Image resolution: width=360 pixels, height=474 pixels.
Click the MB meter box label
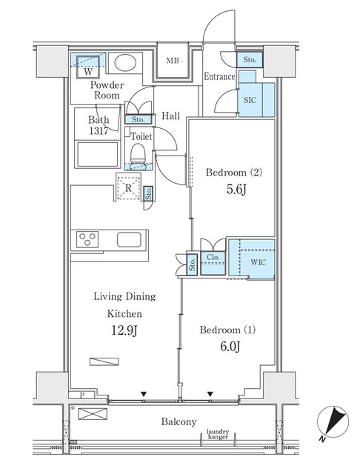click(173, 61)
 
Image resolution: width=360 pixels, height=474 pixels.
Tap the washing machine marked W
click(88, 67)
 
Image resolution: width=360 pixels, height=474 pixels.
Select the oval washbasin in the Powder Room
click(125, 62)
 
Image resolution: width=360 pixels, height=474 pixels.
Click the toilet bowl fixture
click(139, 153)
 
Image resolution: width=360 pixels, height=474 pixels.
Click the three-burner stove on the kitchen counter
click(87, 239)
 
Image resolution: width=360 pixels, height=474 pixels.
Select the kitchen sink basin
click(129, 240)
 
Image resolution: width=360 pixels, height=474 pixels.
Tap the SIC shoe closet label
click(250, 100)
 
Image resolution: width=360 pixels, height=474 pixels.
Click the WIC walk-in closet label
click(258, 261)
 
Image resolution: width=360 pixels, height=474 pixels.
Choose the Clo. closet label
click(213, 257)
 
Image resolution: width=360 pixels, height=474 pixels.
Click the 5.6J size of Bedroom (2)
click(237, 190)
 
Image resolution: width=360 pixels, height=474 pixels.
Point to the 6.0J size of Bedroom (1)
click(230, 347)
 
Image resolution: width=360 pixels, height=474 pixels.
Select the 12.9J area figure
click(124, 330)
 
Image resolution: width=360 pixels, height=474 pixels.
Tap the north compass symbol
click(333, 421)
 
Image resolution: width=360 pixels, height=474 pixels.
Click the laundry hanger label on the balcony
click(218, 434)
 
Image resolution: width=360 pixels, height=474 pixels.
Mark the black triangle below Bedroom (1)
click(210, 394)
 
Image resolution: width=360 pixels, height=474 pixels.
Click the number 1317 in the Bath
click(99, 131)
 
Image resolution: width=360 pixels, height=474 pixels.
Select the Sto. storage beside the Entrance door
click(250, 60)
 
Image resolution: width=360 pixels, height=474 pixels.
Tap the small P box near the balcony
click(81, 395)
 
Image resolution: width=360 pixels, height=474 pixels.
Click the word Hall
click(170, 116)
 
